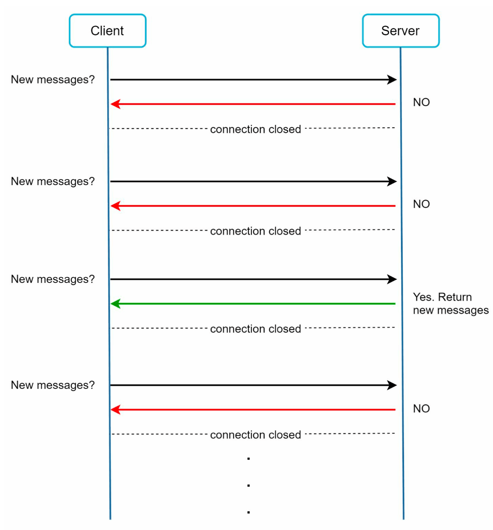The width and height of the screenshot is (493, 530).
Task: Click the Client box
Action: point(107,31)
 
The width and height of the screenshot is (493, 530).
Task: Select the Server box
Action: point(401,31)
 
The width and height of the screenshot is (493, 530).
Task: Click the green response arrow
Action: point(253,304)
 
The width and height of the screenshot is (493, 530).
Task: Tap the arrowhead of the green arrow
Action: point(115,304)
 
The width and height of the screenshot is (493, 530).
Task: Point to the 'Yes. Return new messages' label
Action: point(450,303)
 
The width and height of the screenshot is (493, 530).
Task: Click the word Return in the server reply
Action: point(455,297)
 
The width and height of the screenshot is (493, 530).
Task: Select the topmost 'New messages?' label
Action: point(53,80)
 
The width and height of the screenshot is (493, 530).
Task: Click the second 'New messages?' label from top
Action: point(53,182)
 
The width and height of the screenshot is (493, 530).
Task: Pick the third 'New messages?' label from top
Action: point(53,279)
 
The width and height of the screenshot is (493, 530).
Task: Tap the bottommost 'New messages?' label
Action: point(53,385)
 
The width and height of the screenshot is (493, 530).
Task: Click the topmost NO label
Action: point(421,102)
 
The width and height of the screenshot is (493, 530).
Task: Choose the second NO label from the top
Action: point(421,204)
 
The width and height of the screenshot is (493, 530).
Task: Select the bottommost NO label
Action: point(421,409)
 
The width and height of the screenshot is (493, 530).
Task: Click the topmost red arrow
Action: point(253,104)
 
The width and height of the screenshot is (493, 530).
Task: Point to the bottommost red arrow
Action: point(253,410)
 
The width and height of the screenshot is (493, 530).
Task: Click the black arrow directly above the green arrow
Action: point(253,279)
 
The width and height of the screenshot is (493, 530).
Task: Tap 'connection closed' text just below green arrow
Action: point(255,329)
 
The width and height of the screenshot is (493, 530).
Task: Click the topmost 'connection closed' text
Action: point(255,129)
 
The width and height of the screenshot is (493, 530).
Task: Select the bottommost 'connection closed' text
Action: point(255,435)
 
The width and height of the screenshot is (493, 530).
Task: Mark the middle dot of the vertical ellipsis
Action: point(249,485)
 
